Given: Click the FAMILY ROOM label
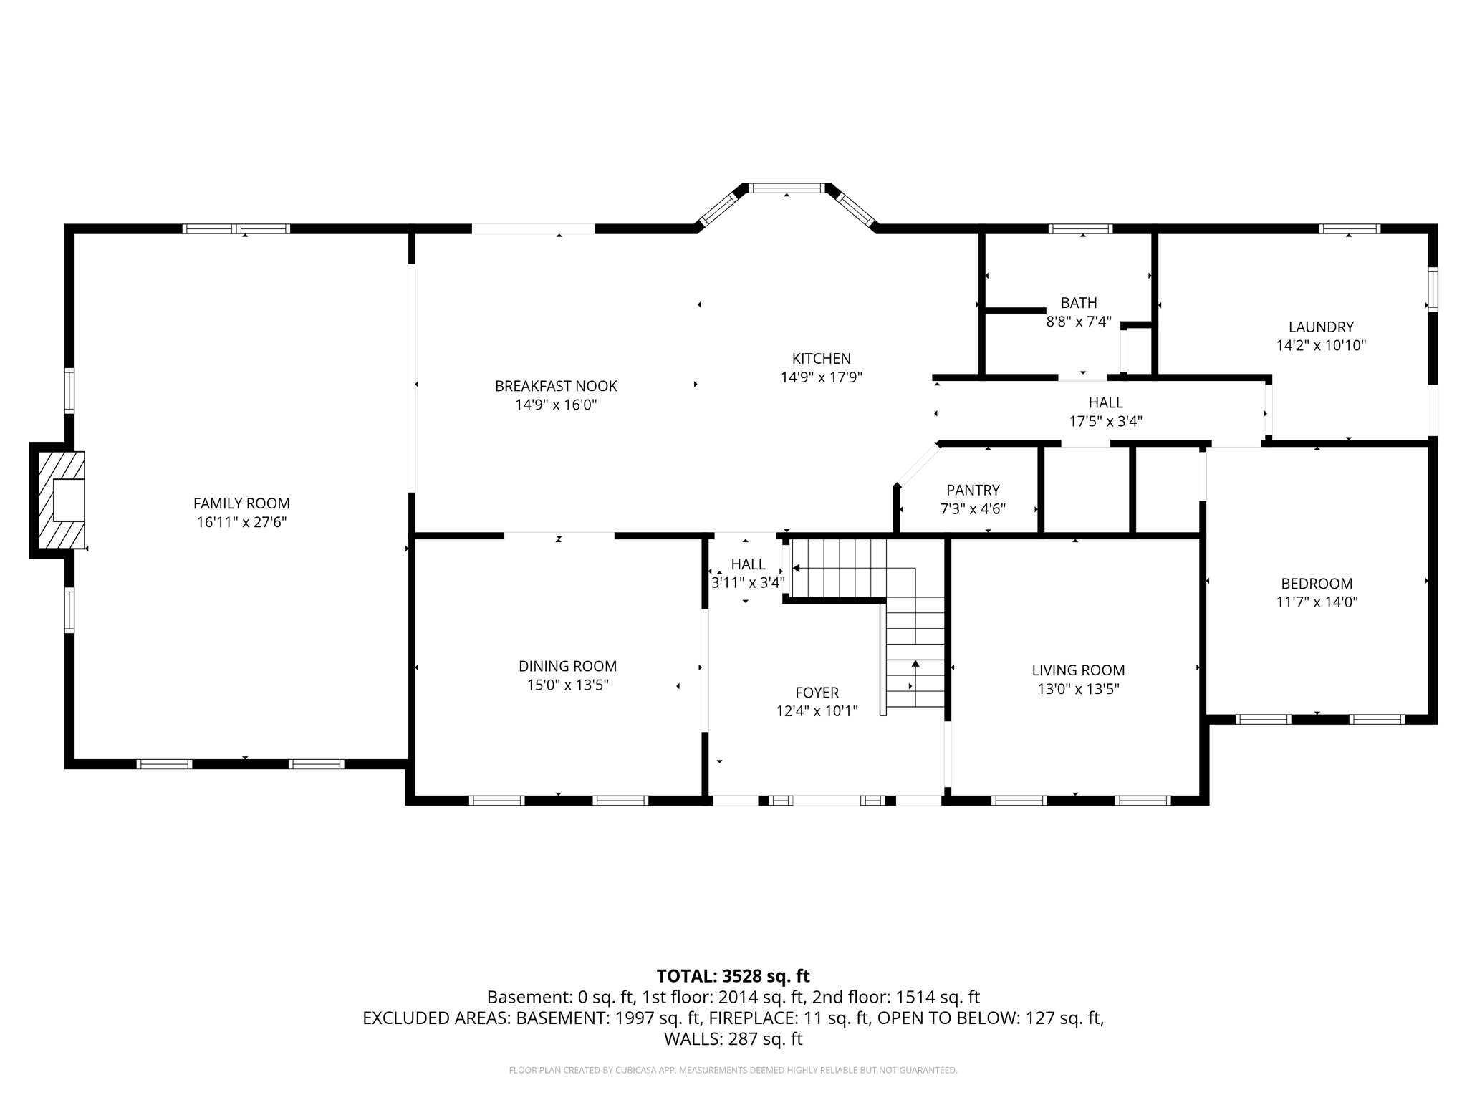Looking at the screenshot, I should coord(241,503).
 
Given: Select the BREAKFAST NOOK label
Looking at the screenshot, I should coord(556,386).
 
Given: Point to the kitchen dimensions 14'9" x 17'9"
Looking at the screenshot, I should coord(821,377).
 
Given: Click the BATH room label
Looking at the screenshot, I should coord(1079,303).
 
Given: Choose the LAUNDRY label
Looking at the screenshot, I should coord(1321,327).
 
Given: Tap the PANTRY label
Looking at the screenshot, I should coord(973,491).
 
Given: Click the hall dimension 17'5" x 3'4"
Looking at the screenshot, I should coord(1105,422).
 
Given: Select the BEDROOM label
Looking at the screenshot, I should coord(1317,584).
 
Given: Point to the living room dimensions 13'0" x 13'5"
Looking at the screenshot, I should coord(1078,689).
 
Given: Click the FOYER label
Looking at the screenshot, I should coord(817,693).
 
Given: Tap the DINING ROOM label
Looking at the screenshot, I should coord(567,666).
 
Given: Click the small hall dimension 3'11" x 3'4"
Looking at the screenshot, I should coord(748,583).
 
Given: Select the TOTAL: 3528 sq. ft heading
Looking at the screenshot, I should coord(733,976).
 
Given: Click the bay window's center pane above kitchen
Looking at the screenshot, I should coord(787,188).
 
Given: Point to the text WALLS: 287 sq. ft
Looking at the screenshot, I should coord(733,1039).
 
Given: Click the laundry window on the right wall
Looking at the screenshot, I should coord(1433,289).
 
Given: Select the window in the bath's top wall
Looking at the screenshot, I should coord(1080,229).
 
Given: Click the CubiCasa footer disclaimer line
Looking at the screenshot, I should coord(733,1071).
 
